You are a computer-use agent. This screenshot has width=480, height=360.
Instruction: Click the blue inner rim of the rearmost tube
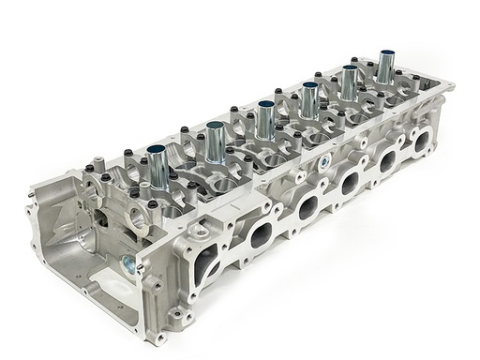[x=385, y=52]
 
